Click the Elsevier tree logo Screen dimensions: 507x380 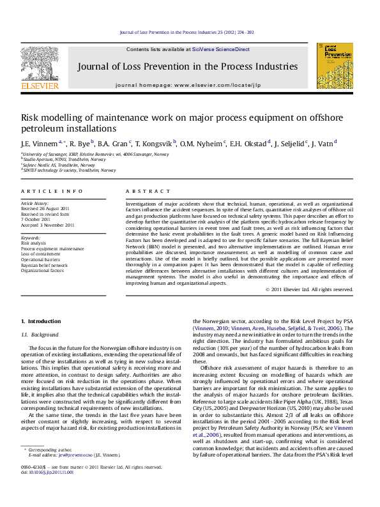pos(40,63)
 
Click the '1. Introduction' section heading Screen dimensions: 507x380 pos(41,321)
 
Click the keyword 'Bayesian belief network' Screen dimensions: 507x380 pos(44,265)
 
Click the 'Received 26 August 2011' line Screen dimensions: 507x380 pos(45,209)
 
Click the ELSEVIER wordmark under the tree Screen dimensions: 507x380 pos(40,86)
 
